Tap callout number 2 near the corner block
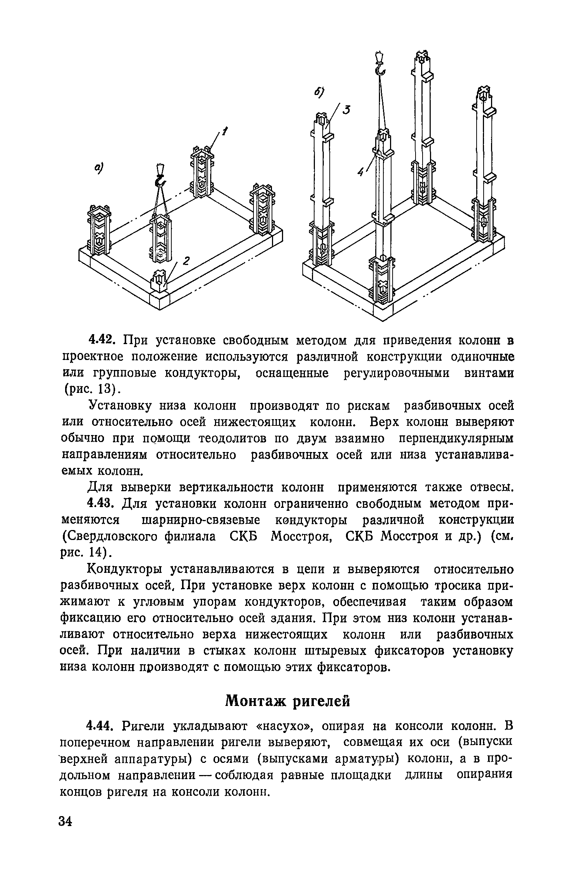186,261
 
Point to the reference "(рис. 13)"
90,389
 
